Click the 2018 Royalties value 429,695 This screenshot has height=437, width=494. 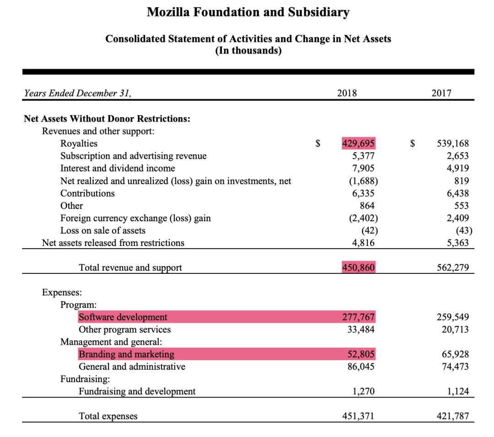359,144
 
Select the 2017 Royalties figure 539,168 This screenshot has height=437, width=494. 453,144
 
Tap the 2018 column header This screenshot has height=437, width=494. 347,93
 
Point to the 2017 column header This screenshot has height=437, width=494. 441,93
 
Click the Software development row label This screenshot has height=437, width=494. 123,317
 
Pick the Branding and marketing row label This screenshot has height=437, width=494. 126,354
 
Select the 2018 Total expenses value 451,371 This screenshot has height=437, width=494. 359,416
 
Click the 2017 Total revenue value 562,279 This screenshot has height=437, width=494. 453,267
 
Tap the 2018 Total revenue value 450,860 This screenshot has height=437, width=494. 359,267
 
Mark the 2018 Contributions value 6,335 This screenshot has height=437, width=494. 363,193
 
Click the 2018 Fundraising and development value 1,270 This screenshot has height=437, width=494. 363,391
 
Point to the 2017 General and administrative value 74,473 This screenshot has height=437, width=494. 455,367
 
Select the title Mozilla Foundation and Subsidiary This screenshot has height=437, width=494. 248,12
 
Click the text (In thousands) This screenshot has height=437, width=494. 248,50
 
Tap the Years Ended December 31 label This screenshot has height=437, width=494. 78,93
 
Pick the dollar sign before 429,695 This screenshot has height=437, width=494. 318,144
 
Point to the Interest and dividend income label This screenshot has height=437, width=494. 118,168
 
